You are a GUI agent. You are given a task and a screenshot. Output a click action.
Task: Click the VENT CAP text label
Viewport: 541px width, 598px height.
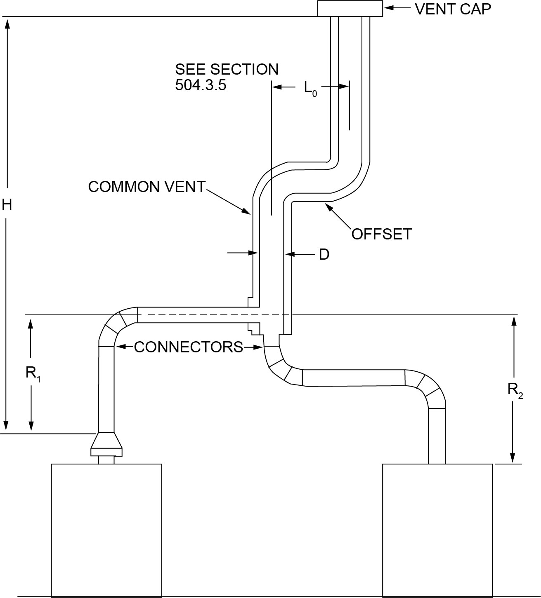tap(453, 9)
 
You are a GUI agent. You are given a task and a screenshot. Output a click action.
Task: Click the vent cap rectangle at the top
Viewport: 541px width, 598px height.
tap(350, 9)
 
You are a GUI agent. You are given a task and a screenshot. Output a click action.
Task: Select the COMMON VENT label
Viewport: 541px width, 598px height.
tap(146, 187)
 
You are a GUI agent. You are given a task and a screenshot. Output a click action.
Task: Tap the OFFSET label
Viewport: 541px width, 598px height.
tap(381, 234)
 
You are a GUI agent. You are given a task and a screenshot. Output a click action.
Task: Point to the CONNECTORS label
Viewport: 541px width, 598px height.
tap(189, 347)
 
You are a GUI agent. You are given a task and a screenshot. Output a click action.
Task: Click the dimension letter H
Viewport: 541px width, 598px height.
tap(7, 204)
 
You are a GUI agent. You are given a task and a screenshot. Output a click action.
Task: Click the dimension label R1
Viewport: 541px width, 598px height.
tap(33, 373)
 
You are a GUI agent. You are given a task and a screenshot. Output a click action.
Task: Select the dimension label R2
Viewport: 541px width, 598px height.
tap(515, 389)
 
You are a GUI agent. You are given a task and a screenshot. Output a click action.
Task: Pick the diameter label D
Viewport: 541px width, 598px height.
tap(324, 255)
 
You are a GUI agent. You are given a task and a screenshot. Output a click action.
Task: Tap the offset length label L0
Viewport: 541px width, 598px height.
tap(310, 87)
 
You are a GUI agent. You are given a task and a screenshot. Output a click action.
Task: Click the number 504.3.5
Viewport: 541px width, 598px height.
tap(201, 85)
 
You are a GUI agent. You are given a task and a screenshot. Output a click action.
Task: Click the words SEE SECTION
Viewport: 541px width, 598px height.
tap(227, 69)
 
